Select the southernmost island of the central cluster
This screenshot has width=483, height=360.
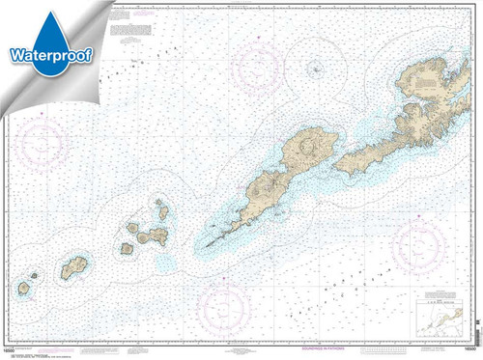point(127,248)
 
